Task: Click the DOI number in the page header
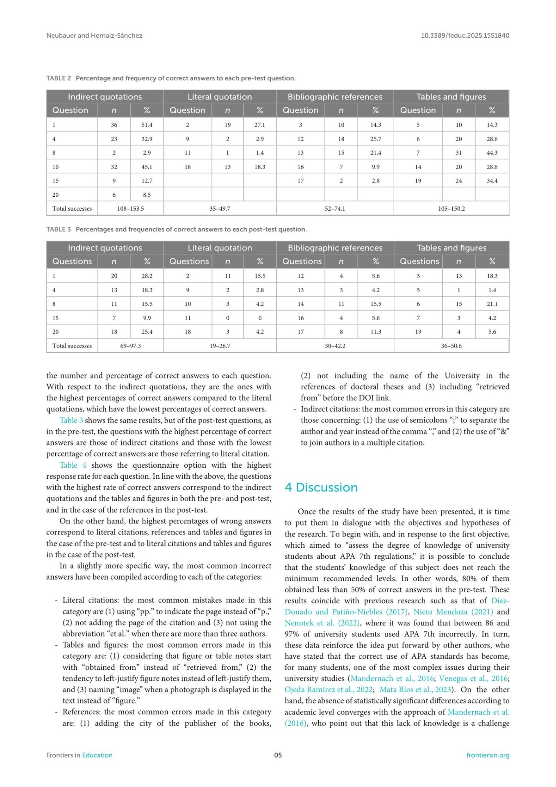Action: [x=465, y=36]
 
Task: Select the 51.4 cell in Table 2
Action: [x=147, y=125]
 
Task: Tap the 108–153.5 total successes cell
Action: [x=130, y=209]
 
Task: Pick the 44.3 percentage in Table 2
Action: [x=492, y=153]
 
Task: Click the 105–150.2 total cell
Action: [x=451, y=209]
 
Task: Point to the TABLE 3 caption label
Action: [x=59, y=230]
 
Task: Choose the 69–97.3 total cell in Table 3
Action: [x=130, y=346]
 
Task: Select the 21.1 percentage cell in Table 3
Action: [x=492, y=304]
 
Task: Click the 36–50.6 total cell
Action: [x=451, y=346]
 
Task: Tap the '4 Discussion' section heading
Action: [x=321, y=487]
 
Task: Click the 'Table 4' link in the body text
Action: [x=73, y=465]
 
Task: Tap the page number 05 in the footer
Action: [x=278, y=755]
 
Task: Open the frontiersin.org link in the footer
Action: [x=488, y=755]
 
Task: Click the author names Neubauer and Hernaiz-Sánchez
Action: [x=94, y=36]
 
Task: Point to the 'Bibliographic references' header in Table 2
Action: [x=335, y=97]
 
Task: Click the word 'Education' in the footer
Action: [x=97, y=755]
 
